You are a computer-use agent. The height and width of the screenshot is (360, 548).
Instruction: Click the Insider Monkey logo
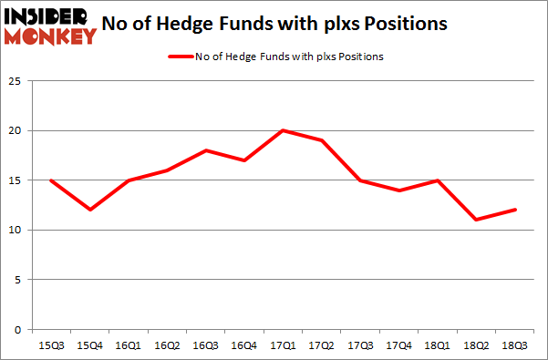pos(51,25)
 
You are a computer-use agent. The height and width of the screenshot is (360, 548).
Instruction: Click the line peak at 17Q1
pos(283,130)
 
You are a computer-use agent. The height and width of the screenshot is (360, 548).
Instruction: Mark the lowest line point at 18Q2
pos(476,220)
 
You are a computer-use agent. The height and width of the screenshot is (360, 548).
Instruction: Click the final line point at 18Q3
pos(515,210)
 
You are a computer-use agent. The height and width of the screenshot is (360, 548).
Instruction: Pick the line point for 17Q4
pos(398,190)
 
